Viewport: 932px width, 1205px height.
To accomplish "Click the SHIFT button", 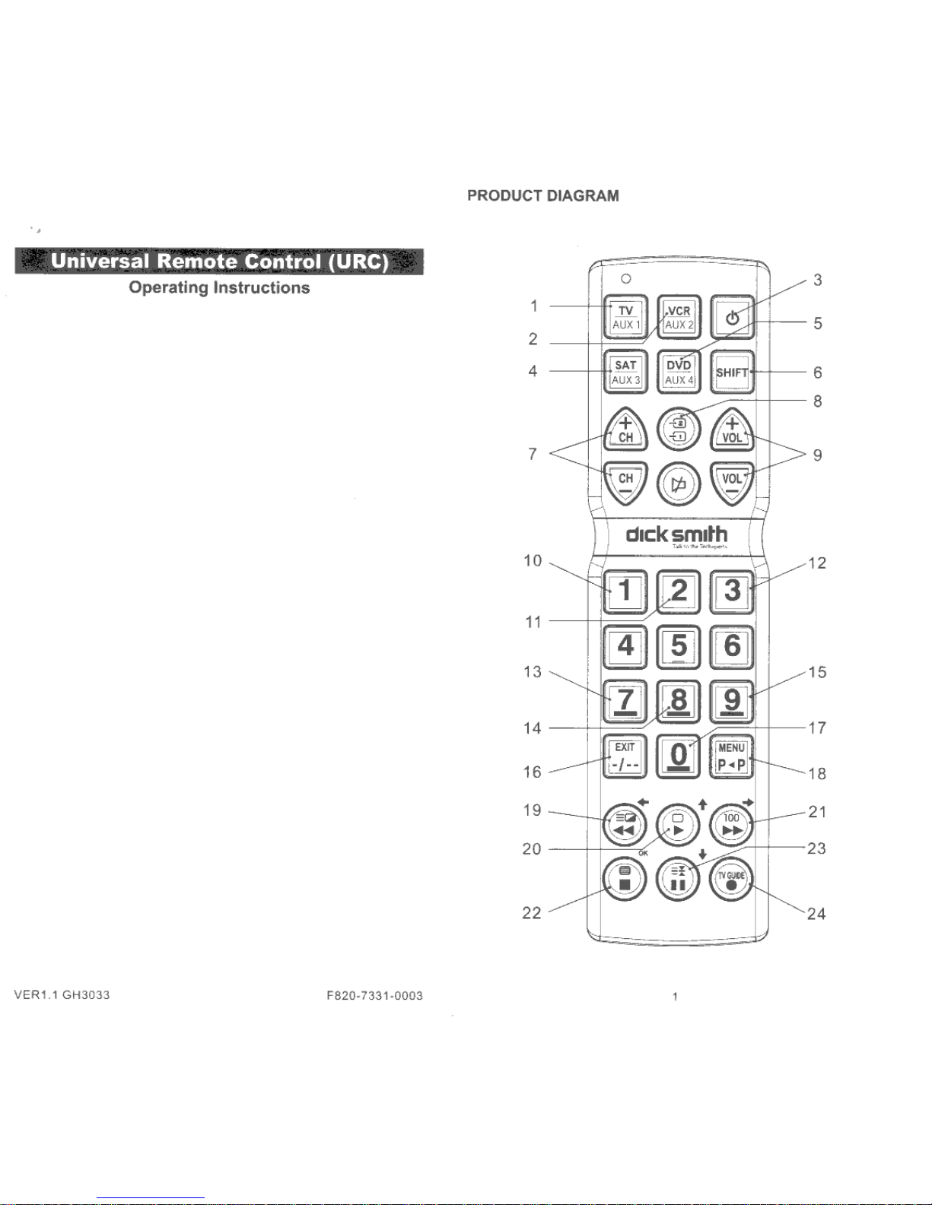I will pyautogui.click(x=732, y=372).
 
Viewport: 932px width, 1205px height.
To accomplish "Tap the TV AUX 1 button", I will pyautogui.click(x=625, y=317).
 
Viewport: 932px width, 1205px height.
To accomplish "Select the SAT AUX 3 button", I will pyautogui.click(x=625, y=372).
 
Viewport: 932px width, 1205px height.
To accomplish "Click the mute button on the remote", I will pyautogui.click(x=678, y=484).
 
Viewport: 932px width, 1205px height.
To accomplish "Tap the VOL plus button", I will pyautogui.click(x=732, y=430).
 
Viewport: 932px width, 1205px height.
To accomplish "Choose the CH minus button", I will pyautogui.click(x=625, y=482).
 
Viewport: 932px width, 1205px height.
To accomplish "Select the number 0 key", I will pyautogui.click(x=678, y=756).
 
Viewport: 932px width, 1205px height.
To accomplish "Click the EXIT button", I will pyautogui.click(x=625, y=756).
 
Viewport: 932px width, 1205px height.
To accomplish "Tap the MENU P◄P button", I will pyautogui.click(x=732, y=756).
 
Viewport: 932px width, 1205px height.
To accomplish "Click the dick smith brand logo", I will pyautogui.click(x=676, y=534).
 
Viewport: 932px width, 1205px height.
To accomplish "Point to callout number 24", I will pyautogui.click(x=816, y=914).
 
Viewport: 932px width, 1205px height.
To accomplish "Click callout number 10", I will pyautogui.click(x=533, y=561).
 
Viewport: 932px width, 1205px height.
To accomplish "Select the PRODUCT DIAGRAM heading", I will pyautogui.click(x=542, y=195).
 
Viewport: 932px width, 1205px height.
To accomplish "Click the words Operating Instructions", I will pyautogui.click(x=219, y=287).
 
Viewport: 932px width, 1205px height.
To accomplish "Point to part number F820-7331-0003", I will pyautogui.click(x=374, y=996).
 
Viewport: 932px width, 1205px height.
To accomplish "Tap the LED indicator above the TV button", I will pyautogui.click(x=625, y=279).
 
